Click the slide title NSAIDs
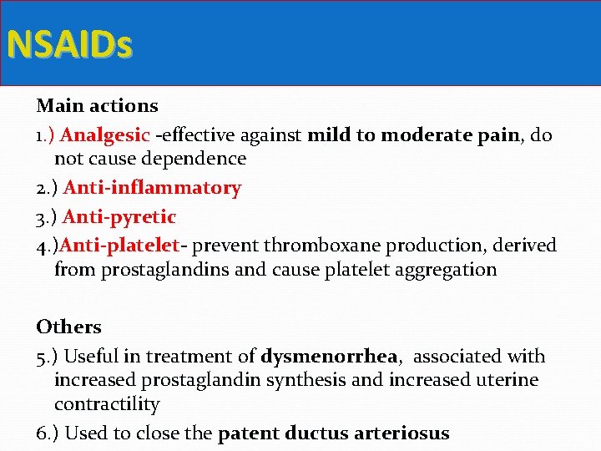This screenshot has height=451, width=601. (x=69, y=45)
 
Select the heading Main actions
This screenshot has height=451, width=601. (x=97, y=106)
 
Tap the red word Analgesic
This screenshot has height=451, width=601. (x=105, y=135)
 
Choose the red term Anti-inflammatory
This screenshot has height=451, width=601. (x=152, y=188)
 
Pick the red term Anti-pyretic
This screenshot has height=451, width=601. (x=119, y=217)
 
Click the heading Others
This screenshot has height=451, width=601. (x=68, y=327)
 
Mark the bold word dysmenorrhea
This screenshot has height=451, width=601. (x=328, y=357)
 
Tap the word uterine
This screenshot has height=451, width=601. (x=508, y=380)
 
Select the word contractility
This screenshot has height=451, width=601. (x=107, y=404)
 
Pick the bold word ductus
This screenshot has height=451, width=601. (x=315, y=433)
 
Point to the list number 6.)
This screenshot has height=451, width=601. (x=47, y=433)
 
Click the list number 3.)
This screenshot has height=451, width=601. (x=47, y=217)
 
